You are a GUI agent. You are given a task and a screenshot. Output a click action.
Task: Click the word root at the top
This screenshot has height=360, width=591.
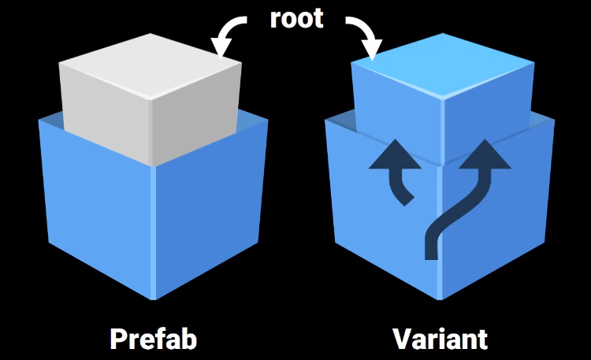[x=296, y=18]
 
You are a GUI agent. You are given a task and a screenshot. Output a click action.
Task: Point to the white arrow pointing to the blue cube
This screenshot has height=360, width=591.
[x=363, y=36]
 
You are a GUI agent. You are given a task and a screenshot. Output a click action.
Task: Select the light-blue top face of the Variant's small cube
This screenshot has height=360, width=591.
[x=441, y=74]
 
